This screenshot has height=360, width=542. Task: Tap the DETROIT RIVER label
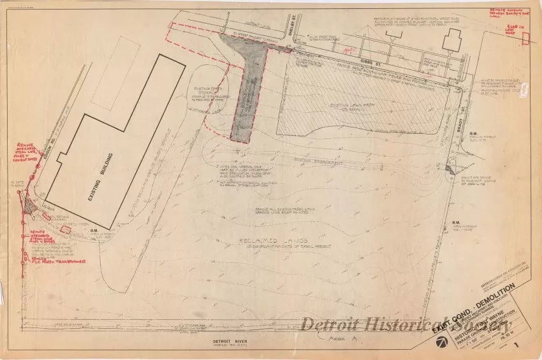[x=230, y=342]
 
